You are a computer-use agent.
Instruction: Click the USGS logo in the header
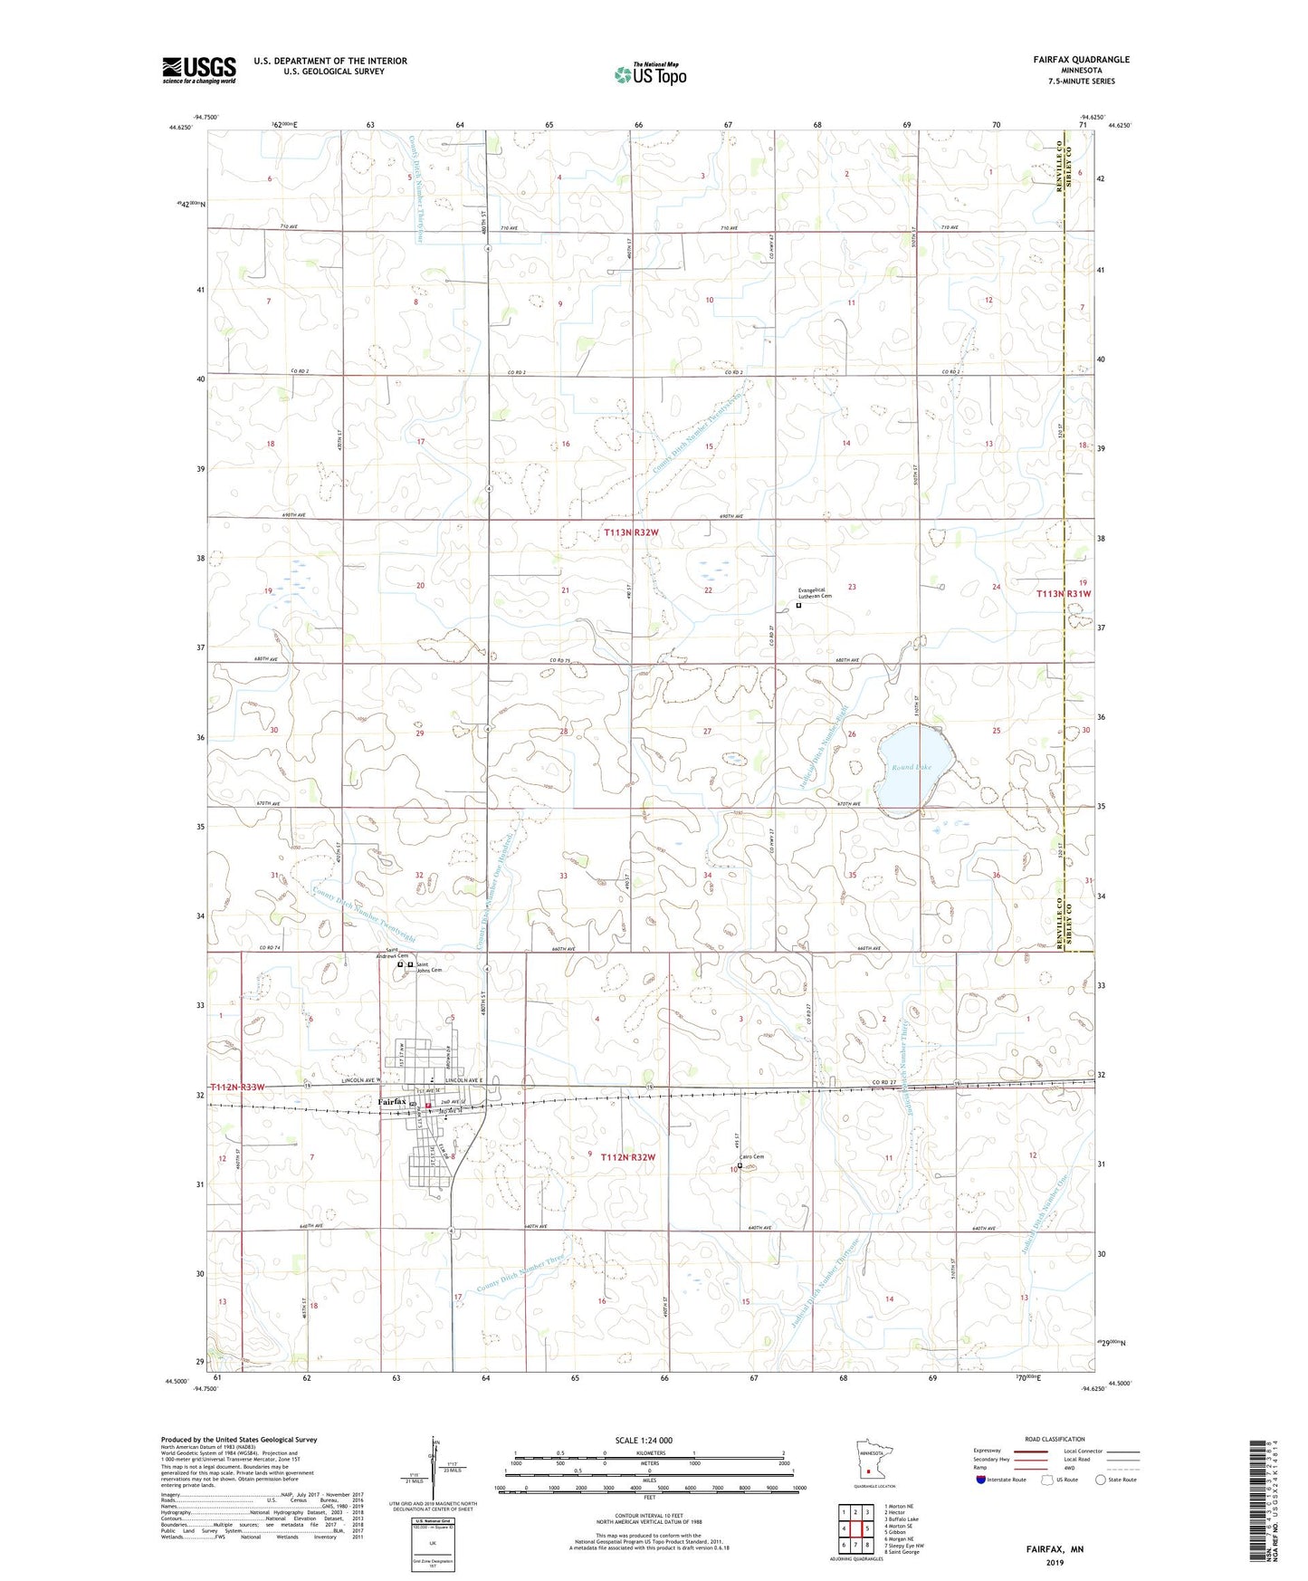[x=198, y=70]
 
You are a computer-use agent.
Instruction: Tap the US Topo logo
[x=649, y=75]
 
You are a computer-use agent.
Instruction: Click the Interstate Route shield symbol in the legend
[x=981, y=1480]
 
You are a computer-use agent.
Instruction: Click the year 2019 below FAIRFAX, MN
[x=1055, y=1563]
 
